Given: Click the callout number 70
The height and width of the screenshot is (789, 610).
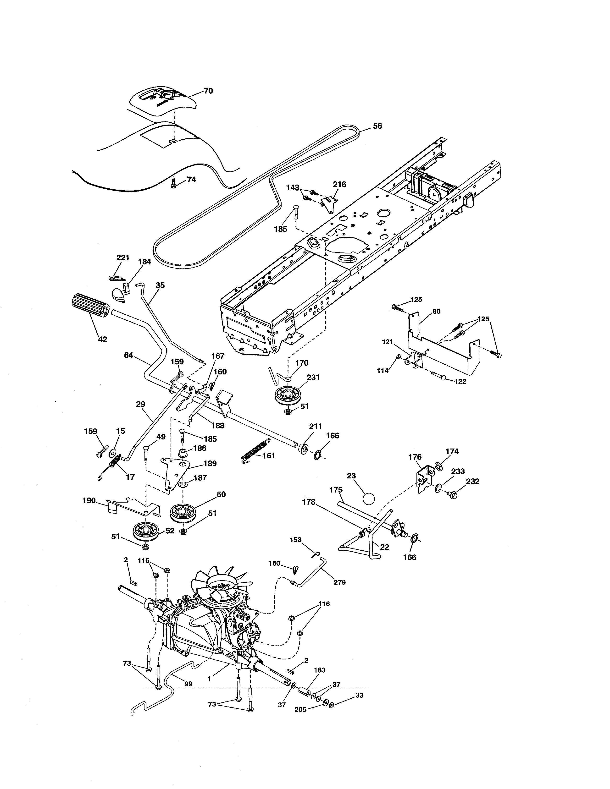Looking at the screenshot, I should pyautogui.click(x=208, y=91).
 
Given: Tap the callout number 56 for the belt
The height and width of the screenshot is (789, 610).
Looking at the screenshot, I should pyautogui.click(x=377, y=126).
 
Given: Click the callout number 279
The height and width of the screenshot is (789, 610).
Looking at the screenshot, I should pyautogui.click(x=339, y=582).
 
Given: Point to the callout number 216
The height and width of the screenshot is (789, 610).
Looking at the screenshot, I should pyautogui.click(x=339, y=185).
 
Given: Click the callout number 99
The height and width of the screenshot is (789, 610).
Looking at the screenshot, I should pyautogui.click(x=188, y=684).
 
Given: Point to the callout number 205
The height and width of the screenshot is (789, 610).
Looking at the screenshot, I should pyautogui.click(x=300, y=709).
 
